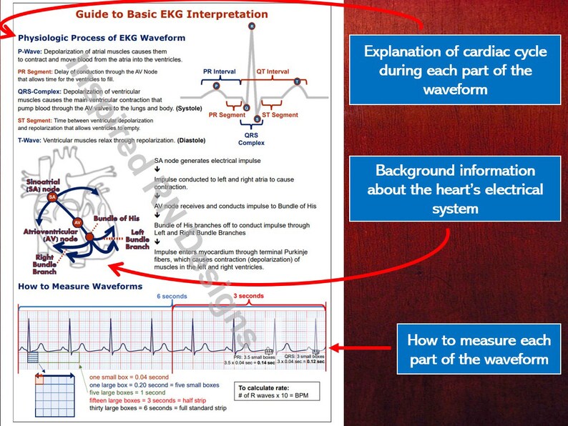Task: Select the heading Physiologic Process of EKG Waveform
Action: pos(101,38)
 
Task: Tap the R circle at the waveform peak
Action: pos(252,26)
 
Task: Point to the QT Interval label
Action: pos(273,72)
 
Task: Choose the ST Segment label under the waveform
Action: pos(280,115)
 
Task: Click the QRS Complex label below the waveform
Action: pos(252,138)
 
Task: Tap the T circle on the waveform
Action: pos(298,82)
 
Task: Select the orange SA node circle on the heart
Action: pos(52,196)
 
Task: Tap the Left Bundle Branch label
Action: pos(137,239)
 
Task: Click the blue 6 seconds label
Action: pos(172,296)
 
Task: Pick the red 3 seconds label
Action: pos(249,296)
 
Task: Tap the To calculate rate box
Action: pos(279,392)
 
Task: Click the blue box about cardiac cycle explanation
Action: pos(455,70)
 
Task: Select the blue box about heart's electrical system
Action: pos(455,189)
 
